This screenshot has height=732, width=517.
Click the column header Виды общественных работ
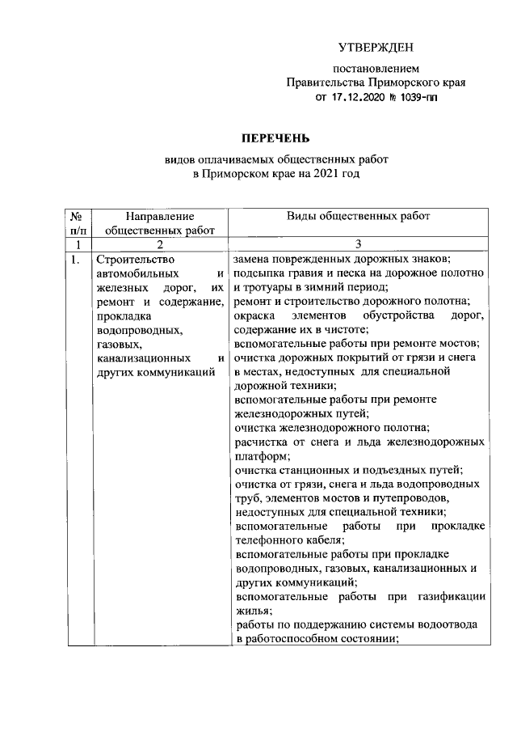point(359,216)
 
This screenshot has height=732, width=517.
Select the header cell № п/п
point(74,223)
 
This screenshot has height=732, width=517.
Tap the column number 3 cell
point(359,244)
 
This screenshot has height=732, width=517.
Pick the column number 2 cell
point(160,244)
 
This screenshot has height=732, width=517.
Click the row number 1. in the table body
point(74,260)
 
